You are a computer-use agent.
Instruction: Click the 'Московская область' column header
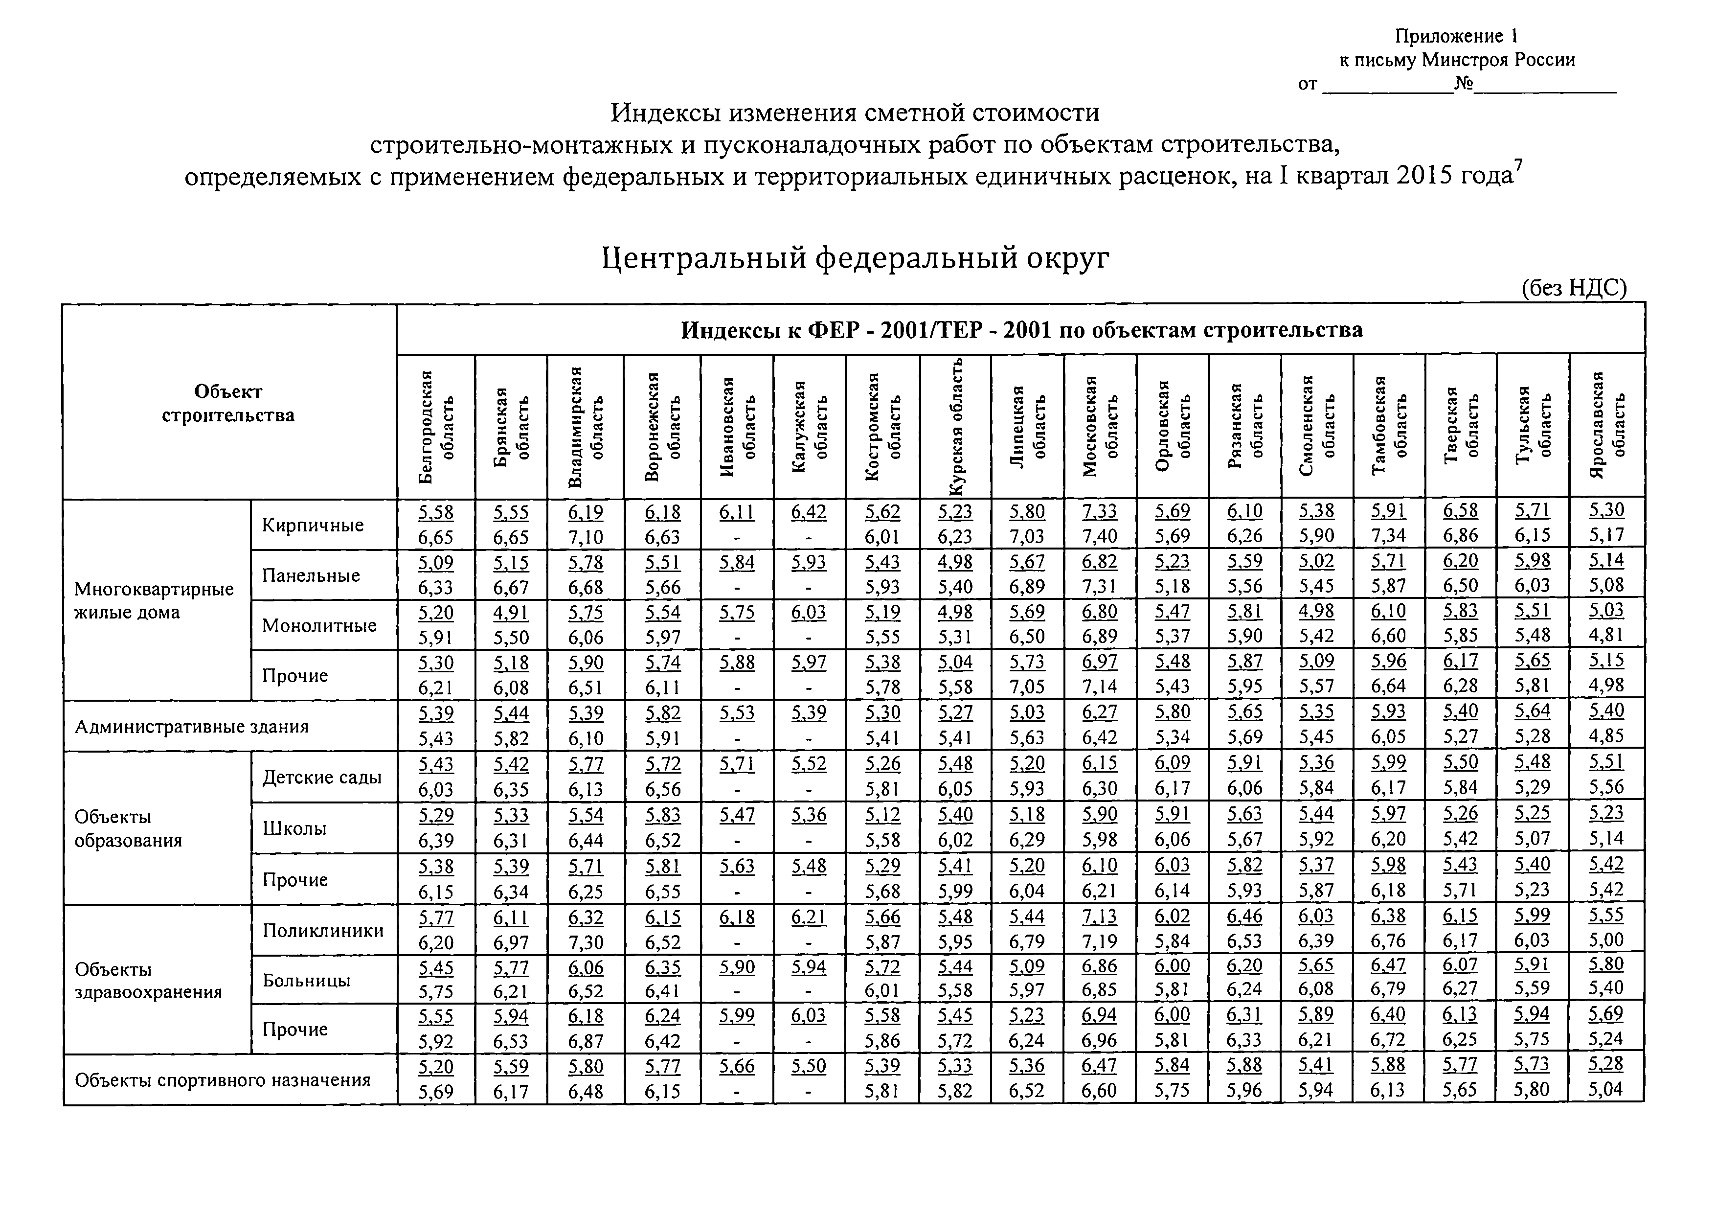pos(1100,425)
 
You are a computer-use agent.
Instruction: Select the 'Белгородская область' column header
pos(436,425)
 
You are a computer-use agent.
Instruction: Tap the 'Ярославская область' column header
pos(1607,425)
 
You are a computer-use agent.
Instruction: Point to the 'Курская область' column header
pos(955,425)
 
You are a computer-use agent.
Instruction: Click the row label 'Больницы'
pos(306,980)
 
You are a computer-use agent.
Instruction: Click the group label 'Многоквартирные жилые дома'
pos(154,600)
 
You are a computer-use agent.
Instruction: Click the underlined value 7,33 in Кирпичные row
pos(1100,511)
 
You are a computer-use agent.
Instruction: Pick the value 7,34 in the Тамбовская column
pos(1388,536)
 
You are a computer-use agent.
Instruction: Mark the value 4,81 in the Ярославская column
pos(1606,636)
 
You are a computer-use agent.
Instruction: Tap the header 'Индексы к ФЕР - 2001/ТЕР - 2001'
pos(1021,330)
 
